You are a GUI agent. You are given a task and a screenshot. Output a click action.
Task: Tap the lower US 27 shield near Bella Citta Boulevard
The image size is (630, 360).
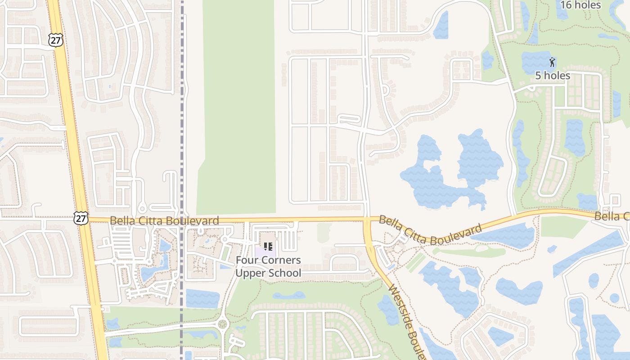coord(81,218)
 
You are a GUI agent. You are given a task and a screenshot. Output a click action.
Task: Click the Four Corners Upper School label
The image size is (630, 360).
coord(268,266)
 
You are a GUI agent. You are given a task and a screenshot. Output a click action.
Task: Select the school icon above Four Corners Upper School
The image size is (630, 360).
coord(268,247)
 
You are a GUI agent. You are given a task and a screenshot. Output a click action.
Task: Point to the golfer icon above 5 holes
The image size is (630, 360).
coord(552,62)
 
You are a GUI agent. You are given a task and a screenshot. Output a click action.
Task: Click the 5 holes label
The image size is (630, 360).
coord(553,76)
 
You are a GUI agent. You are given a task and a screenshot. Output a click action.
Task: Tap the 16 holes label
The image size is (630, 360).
coord(580,5)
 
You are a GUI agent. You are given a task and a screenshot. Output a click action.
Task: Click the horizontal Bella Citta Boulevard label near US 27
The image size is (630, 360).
coord(164,220)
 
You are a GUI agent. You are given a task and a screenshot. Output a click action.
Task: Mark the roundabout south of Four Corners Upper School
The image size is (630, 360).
coord(222,324)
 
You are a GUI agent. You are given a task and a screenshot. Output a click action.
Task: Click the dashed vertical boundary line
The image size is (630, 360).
coord(182,112)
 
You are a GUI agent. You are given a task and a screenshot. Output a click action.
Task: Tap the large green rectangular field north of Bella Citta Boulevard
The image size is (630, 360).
coord(238,108)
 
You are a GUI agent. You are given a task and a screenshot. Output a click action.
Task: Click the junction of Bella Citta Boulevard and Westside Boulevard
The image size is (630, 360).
coord(367,220)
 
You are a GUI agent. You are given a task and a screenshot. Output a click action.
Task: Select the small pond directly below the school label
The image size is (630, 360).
coord(288,296)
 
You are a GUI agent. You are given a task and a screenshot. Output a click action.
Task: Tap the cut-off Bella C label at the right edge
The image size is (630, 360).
coord(612,217)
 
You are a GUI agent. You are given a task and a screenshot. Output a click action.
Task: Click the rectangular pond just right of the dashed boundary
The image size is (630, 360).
coord(202,298)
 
